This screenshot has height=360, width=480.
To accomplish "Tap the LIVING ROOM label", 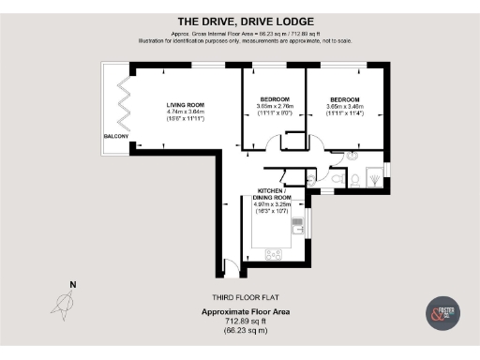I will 185,105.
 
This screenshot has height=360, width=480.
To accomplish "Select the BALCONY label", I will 116,137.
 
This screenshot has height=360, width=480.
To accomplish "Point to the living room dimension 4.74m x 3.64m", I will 185,112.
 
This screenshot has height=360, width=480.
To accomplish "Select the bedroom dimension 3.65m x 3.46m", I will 344,107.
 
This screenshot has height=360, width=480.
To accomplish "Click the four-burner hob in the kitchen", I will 276,252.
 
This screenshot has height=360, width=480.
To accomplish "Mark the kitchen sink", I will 297,225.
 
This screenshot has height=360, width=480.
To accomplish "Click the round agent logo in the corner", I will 442,312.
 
